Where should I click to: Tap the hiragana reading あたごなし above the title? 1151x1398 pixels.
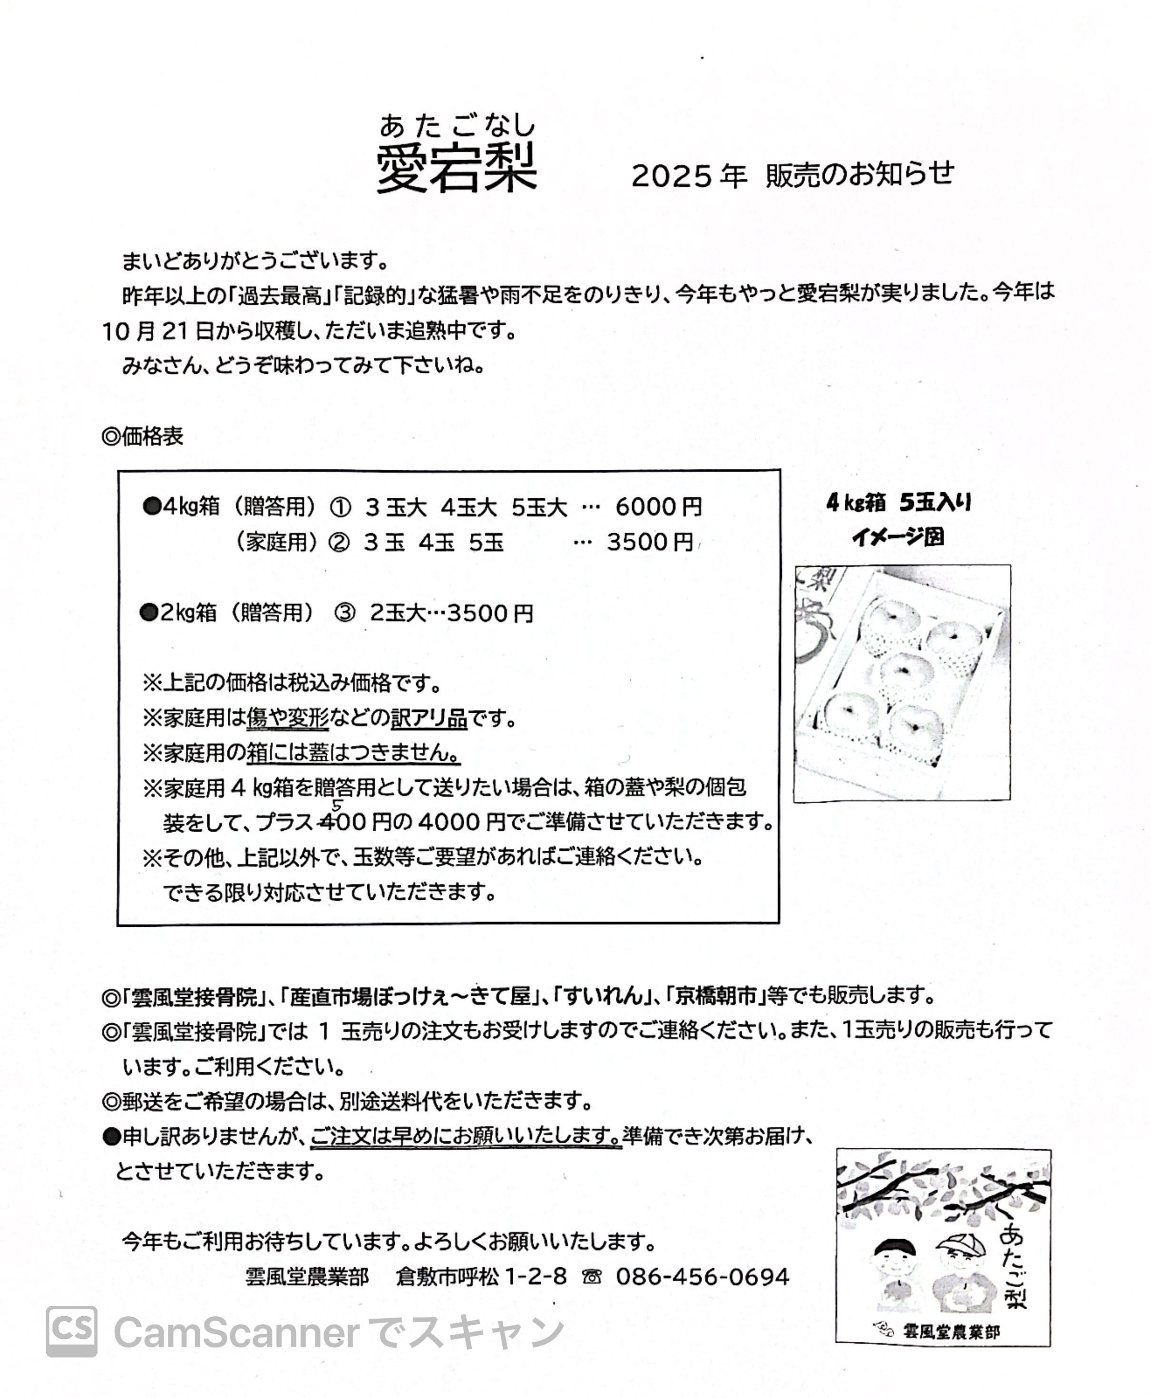point(457,125)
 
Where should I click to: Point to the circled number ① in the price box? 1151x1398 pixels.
point(340,508)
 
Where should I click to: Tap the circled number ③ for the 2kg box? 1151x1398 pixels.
point(345,613)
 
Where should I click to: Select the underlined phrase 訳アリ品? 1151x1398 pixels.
point(429,718)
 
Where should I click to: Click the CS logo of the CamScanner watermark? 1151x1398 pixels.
point(72,1331)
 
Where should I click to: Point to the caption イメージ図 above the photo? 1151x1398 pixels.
point(898,537)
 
